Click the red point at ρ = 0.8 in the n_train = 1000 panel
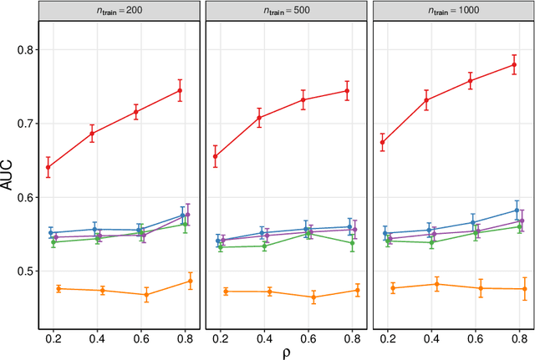click(513, 64)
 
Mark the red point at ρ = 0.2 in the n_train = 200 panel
click(48, 167)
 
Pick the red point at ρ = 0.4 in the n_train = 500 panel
click(259, 117)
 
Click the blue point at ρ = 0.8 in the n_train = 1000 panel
click(517, 210)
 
